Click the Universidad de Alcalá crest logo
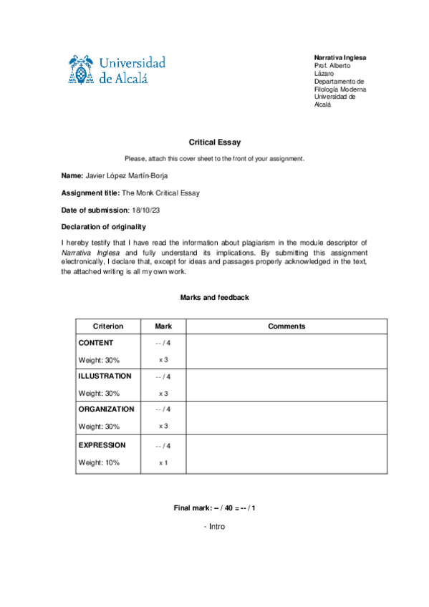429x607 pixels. [x=82, y=69]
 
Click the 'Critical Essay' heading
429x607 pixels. [x=215, y=143]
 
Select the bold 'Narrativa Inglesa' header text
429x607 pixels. [x=340, y=57]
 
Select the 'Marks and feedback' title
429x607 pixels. [x=215, y=297]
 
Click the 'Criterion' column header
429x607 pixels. [x=108, y=326]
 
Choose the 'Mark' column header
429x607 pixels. [x=163, y=326]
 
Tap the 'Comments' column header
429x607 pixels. [x=286, y=326]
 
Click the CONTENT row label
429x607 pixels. [x=96, y=343]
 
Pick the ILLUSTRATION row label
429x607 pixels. [x=105, y=376]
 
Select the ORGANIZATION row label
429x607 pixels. [x=106, y=409]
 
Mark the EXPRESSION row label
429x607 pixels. [x=102, y=445]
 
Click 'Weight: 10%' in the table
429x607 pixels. [x=99, y=462]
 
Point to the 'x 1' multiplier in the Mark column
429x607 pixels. [x=163, y=462]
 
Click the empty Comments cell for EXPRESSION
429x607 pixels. [x=286, y=454]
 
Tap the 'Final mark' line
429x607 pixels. [x=215, y=508]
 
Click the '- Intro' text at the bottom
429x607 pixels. [x=215, y=526]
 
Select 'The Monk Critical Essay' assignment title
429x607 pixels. [x=160, y=193]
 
